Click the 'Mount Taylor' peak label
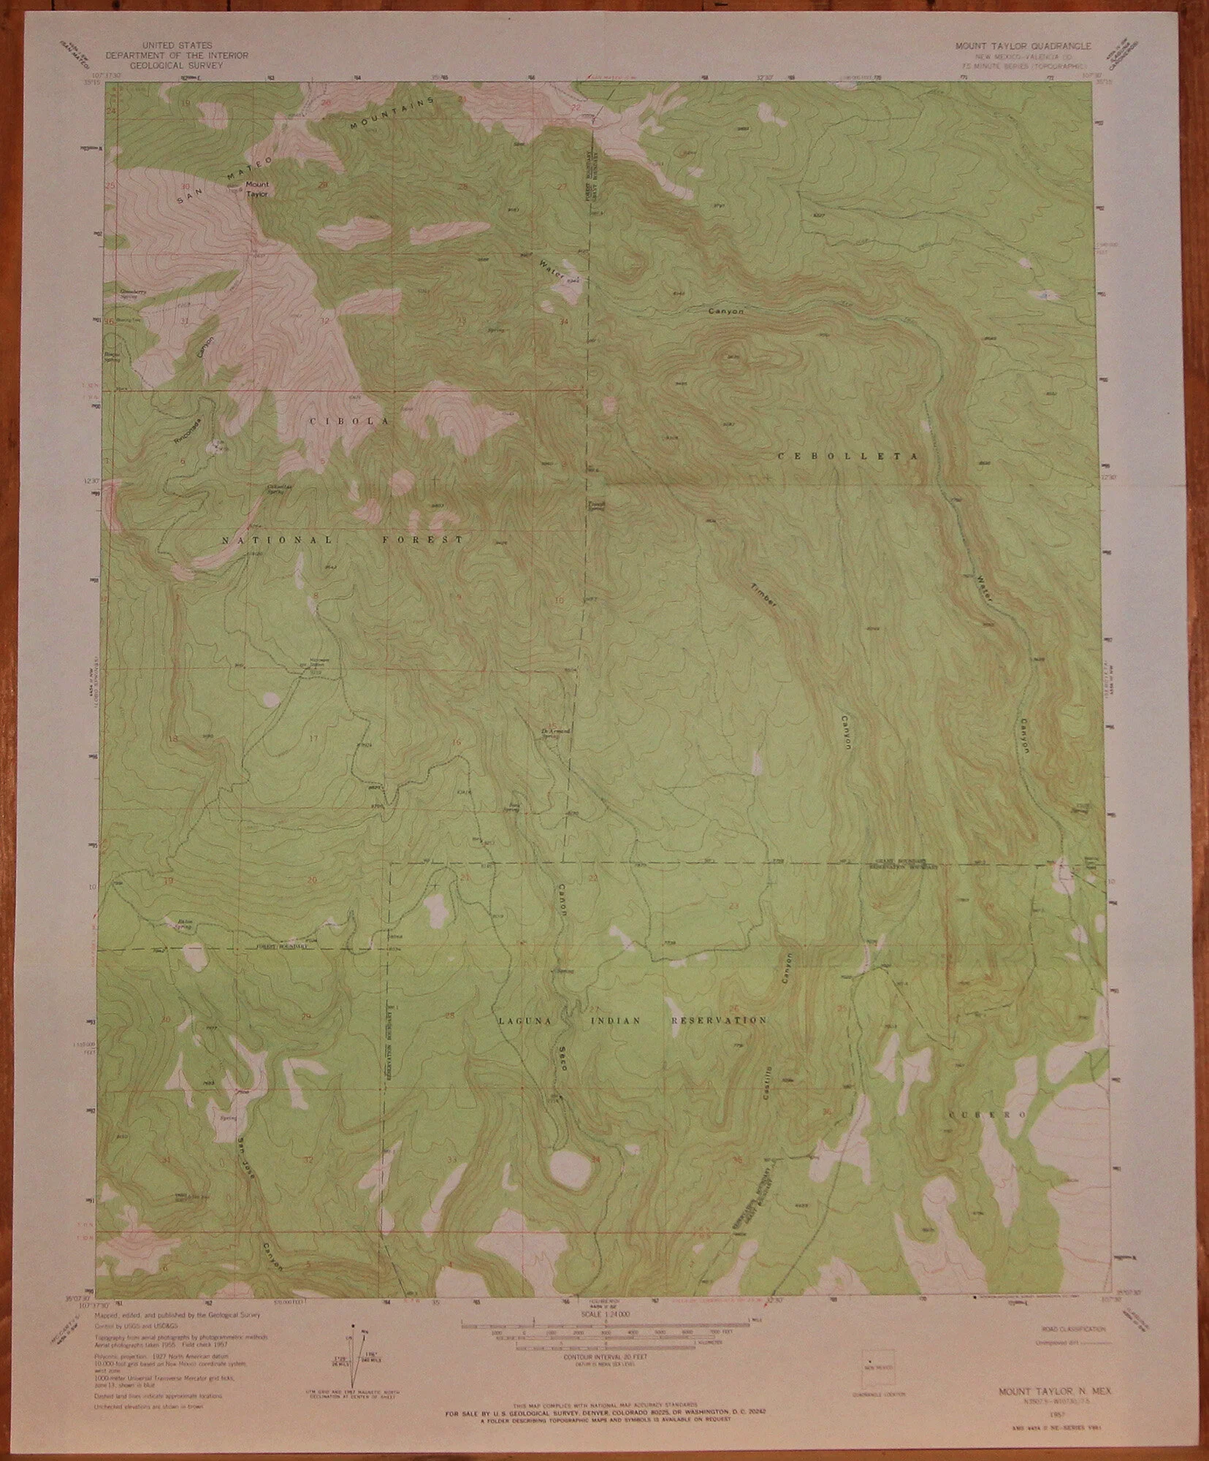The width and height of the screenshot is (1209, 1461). (256, 189)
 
